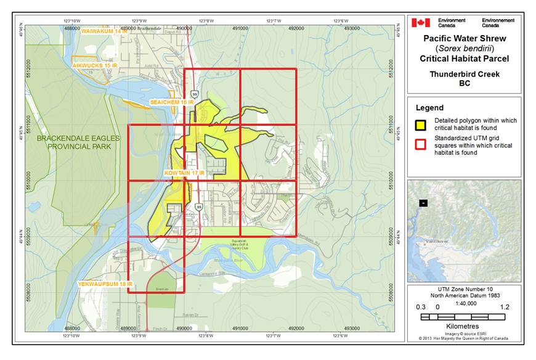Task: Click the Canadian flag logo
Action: [x=421, y=23]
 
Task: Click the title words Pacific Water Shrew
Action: [x=464, y=38]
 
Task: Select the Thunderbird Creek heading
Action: [x=464, y=75]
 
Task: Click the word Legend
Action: [x=429, y=108]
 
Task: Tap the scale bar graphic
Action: [x=463, y=317]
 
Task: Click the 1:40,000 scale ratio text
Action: [x=464, y=302]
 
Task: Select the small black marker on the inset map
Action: [x=423, y=203]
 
